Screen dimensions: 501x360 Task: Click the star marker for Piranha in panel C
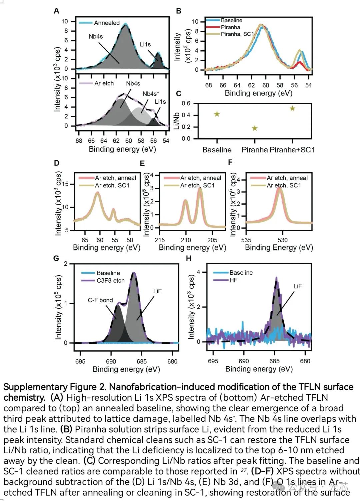[255, 128]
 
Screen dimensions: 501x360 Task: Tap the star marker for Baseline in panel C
[217, 114]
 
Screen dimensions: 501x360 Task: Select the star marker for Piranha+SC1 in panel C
[292, 108]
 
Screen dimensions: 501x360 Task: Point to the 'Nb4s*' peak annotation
[151, 94]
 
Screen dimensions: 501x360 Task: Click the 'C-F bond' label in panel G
[100, 300]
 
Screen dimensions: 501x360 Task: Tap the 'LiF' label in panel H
[297, 286]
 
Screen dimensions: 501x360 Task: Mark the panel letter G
[56, 258]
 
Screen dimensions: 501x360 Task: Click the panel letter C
[178, 94]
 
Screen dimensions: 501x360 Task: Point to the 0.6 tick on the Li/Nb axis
[186, 103]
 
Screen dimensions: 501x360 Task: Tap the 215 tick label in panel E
[159, 240]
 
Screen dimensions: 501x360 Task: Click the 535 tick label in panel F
[246, 240]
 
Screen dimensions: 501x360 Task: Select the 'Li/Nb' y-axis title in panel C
[177, 121]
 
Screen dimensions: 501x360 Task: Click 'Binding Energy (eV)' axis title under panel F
[279, 247]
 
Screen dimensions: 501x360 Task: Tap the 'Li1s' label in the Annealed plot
[145, 44]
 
